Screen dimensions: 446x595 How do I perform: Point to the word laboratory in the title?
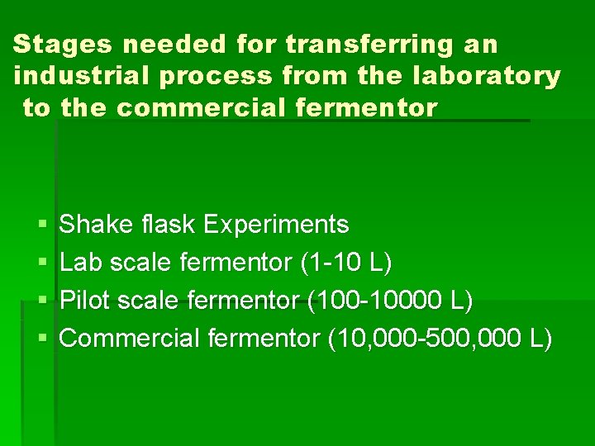point(491,76)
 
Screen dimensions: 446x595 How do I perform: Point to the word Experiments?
point(275,225)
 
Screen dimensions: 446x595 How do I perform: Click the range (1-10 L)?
point(346,263)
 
